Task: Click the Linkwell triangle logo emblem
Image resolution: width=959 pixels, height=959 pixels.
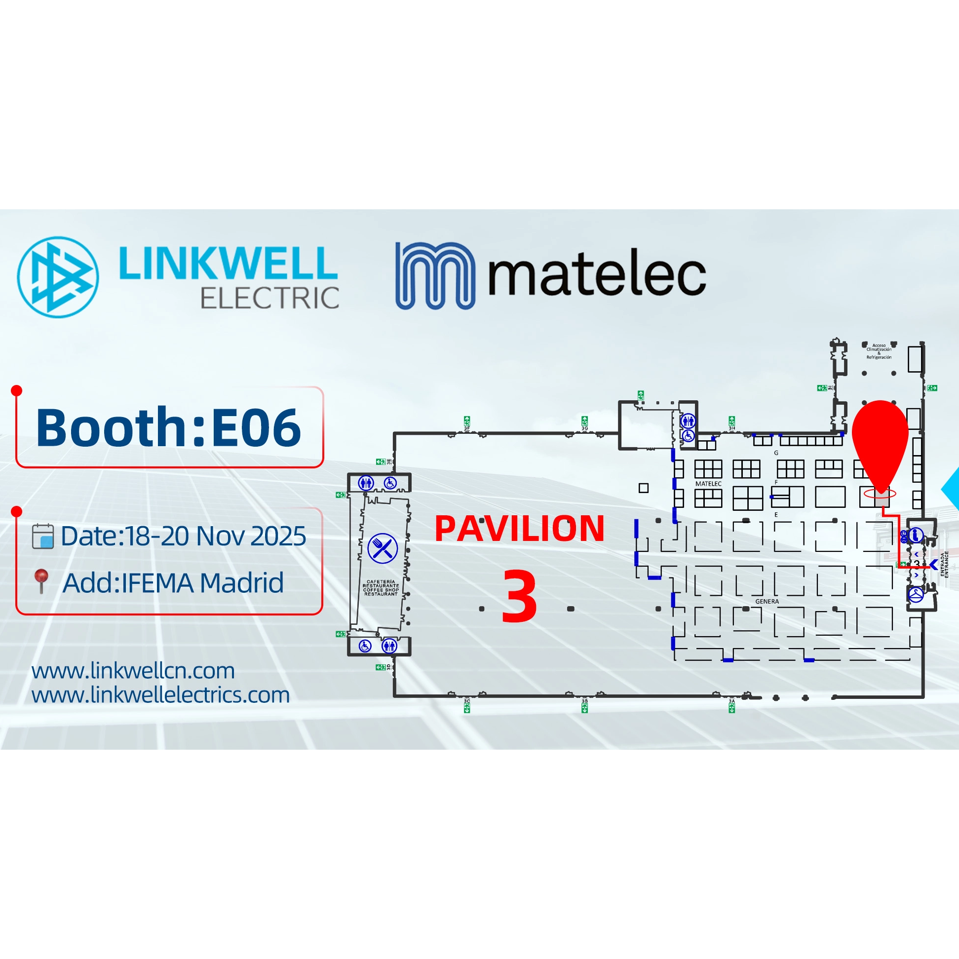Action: tap(58, 277)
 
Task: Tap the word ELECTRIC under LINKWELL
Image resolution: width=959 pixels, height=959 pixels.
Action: tap(269, 298)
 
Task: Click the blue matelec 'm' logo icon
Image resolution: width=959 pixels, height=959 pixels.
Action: tap(435, 275)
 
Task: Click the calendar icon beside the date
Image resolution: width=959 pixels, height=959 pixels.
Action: tap(42, 536)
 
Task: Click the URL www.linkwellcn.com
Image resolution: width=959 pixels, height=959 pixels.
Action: tap(133, 671)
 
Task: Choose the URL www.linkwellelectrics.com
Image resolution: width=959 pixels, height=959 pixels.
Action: tap(160, 694)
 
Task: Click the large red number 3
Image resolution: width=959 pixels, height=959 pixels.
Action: tap(519, 596)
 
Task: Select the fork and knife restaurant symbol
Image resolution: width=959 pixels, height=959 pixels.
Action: tap(382, 548)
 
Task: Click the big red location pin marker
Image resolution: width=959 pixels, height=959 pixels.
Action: tap(880, 442)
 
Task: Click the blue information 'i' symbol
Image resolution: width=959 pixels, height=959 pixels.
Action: tap(916, 535)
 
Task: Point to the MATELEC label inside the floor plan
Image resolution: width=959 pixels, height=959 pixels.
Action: tap(708, 484)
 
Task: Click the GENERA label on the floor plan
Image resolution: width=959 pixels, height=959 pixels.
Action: tap(767, 601)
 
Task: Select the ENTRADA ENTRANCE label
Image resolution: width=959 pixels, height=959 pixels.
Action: tap(944, 564)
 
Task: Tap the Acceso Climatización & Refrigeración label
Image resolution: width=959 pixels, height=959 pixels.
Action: tap(879, 351)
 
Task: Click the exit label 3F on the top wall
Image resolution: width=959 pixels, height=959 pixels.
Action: tap(466, 428)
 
